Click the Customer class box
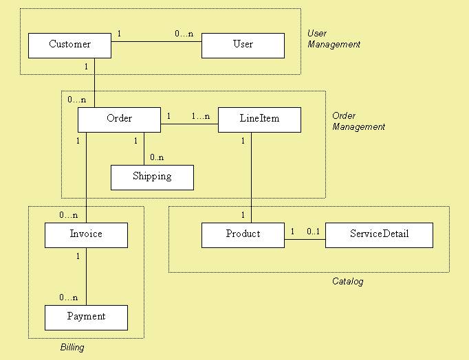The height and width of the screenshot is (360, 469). coord(69,45)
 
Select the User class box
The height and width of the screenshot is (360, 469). coord(243,45)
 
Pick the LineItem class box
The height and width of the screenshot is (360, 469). coord(259,120)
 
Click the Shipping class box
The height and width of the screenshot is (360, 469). coord(152,177)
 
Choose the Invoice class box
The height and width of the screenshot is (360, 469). coord(86,235)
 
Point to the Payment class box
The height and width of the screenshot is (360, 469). coord(86,317)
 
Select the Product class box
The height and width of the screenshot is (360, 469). coord(243,235)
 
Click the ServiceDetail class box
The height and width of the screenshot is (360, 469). coord(379,235)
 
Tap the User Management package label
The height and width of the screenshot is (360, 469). coord(334,38)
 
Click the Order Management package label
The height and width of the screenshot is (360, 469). coord(358,121)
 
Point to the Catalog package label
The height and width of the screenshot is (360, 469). coord(347,282)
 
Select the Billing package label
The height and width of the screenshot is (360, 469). coord(72,348)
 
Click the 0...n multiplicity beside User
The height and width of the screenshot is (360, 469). coord(184,33)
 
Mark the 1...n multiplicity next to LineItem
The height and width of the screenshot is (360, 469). coord(200,116)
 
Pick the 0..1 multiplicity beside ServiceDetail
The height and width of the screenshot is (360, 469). coord(313,232)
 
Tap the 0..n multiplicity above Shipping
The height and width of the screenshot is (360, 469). coord(157,157)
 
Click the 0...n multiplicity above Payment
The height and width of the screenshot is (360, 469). coord(68,297)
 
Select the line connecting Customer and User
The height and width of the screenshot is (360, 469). coord(156,43)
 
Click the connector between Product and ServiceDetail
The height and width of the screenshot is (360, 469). coord(305,240)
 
